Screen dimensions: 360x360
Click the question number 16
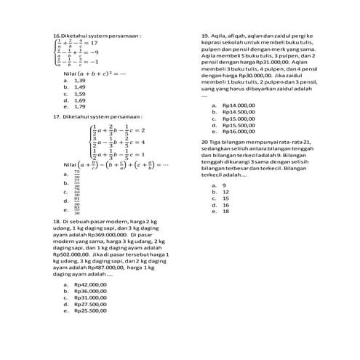57,35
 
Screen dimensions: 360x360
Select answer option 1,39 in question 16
79,81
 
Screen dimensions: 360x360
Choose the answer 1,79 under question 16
79,106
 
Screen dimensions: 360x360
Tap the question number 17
57,116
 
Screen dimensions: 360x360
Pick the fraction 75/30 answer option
76,175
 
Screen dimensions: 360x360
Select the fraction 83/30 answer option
76,209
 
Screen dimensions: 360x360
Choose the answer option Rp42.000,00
90,284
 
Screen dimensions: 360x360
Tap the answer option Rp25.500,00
90,311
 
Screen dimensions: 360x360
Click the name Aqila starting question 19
219,35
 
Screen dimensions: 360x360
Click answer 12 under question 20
225,191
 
